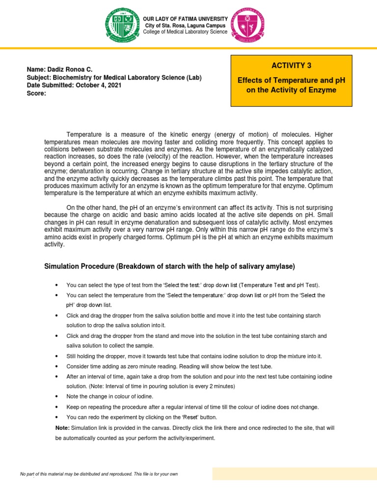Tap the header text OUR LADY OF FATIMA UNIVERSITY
(185, 18)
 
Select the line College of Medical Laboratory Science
(185, 32)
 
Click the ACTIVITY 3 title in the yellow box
(291, 65)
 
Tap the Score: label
(36, 93)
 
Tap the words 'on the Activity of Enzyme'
(291, 90)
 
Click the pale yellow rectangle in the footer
(294, 474)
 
